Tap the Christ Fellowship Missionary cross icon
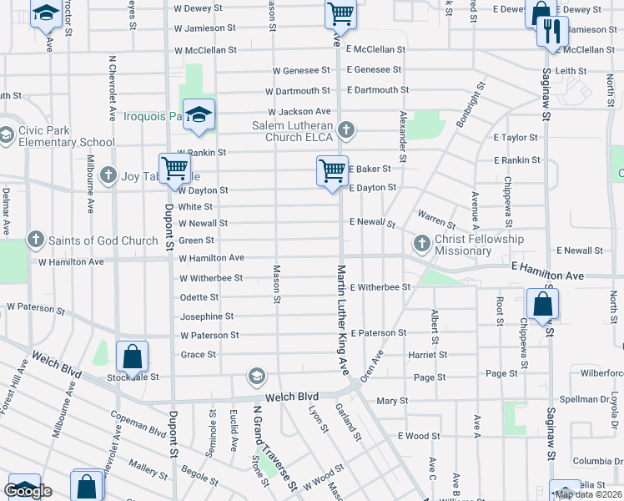421,245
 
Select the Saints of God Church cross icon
36,240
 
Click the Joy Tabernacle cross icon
108,175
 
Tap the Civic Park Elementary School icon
7,134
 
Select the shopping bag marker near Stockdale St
133,357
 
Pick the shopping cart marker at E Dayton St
332,171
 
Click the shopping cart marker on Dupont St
175,169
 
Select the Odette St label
199,297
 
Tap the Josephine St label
207,316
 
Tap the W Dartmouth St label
298,91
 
